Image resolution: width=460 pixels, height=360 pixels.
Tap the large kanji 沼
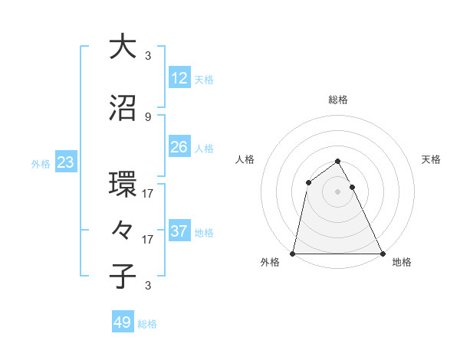[123, 108]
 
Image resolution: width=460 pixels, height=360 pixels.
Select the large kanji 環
[123, 185]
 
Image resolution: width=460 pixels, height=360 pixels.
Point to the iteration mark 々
[123, 231]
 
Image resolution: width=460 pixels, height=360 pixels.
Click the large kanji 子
[123, 277]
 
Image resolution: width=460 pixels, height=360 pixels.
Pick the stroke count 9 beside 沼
[148, 117]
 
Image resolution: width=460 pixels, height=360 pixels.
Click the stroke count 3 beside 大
[148, 56]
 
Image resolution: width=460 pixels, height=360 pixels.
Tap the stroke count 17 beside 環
[148, 194]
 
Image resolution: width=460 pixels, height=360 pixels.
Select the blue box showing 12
[179, 78]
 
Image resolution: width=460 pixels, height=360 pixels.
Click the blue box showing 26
[179, 147]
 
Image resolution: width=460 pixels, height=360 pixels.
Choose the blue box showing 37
[179, 231]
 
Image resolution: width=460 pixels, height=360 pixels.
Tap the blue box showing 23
[65, 162]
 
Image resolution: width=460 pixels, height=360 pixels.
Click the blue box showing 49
[123, 322]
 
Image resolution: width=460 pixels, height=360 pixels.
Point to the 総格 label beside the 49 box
[147, 324]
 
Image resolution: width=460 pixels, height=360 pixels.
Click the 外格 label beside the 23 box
[41, 164]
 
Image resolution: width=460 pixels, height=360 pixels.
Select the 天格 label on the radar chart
[432, 159]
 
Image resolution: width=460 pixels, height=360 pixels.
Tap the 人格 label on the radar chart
[245, 159]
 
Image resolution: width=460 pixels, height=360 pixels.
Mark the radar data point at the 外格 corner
[293, 254]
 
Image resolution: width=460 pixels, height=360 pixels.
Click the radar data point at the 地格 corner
[382, 254]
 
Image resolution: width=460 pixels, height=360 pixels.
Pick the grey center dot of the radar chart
[337, 191]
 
